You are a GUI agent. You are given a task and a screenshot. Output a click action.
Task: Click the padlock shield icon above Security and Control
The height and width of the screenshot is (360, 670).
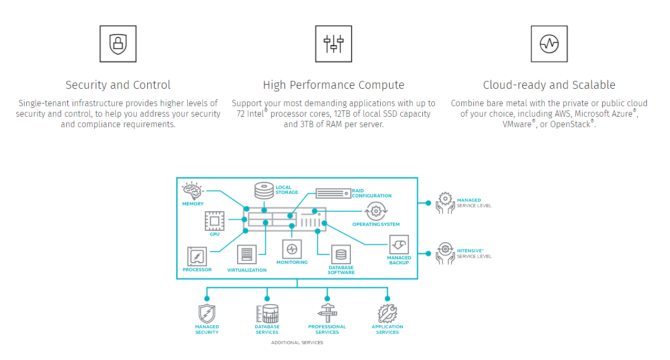[118, 44]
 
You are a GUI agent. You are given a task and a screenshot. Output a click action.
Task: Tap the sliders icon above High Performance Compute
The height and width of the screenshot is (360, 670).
[333, 44]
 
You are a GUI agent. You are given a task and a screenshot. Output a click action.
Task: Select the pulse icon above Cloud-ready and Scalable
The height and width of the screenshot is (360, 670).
[549, 44]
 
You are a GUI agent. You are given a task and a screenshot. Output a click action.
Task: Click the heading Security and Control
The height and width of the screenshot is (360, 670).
[118, 85]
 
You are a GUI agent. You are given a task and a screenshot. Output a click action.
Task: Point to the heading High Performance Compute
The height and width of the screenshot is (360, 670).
[333, 85]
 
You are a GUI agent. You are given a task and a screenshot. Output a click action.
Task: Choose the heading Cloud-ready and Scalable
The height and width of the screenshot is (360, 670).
[549, 85]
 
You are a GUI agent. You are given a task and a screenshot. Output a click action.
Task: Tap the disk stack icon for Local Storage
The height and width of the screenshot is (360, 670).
[264, 190]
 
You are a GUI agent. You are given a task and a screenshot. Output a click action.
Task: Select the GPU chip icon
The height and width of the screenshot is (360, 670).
[214, 221]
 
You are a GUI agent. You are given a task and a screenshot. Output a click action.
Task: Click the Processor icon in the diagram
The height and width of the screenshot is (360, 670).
[197, 256]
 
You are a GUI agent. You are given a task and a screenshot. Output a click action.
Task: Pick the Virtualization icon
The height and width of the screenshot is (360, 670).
[247, 255]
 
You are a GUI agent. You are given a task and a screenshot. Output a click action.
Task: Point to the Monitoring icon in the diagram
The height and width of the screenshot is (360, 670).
[292, 249]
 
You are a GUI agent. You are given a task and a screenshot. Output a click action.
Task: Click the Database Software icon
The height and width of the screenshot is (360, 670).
[341, 254]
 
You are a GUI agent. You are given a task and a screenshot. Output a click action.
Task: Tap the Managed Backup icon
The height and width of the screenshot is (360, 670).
[399, 244]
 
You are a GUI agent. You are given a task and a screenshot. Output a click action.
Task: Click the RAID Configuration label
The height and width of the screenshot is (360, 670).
[371, 193]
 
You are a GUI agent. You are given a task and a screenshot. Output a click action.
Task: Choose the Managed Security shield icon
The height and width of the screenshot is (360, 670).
[207, 314]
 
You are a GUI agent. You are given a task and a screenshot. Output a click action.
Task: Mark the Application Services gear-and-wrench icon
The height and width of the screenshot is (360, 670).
[388, 313]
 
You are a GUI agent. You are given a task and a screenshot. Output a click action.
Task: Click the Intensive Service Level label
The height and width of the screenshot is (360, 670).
[474, 253]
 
